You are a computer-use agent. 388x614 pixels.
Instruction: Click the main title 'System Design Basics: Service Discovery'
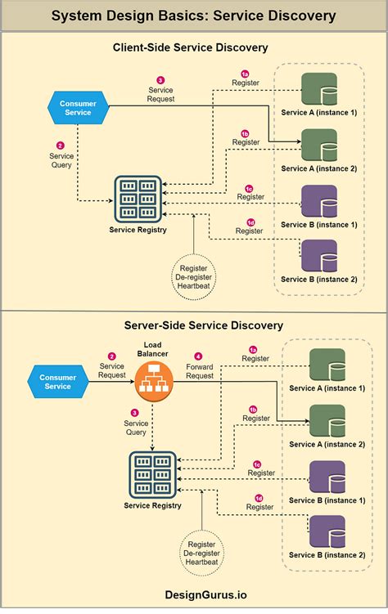pyautogui.click(x=194, y=16)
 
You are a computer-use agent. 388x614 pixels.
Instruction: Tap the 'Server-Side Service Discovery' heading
pyautogui.click(x=194, y=325)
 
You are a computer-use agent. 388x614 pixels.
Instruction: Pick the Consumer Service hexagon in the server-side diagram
pyautogui.click(x=57, y=381)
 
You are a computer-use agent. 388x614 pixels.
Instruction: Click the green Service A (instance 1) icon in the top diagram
pyautogui.click(x=319, y=87)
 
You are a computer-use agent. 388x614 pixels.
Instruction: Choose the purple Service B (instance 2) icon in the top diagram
pyautogui.click(x=319, y=255)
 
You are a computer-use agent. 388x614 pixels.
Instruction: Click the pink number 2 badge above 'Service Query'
pyautogui.click(x=60, y=145)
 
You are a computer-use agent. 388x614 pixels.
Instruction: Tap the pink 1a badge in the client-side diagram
pyautogui.click(x=244, y=74)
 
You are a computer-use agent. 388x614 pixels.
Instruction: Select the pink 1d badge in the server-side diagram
pyautogui.click(x=259, y=497)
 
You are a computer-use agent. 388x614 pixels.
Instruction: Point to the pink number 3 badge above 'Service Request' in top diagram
pyautogui.click(x=160, y=79)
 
